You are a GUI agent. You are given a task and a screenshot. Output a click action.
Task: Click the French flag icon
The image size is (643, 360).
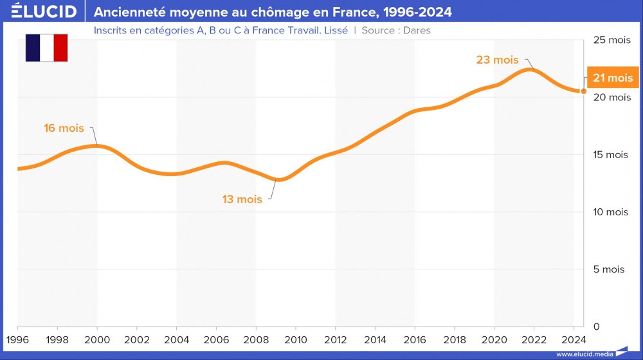pyautogui.click(x=46, y=48)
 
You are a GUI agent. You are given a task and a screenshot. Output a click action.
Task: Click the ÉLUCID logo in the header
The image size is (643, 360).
pyautogui.click(x=44, y=12)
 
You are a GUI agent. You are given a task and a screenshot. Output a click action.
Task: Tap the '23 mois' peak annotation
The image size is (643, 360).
pyautogui.click(x=497, y=60)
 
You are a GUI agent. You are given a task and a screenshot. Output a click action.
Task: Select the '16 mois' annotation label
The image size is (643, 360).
pyautogui.click(x=64, y=128)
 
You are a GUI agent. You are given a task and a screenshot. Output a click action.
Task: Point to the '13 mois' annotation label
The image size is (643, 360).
pyautogui.click(x=242, y=199)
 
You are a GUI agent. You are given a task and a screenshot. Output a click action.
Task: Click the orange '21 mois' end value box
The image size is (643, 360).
pyautogui.click(x=612, y=78)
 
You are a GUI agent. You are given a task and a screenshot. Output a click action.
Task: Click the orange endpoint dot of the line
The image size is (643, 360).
pyautogui.click(x=584, y=91)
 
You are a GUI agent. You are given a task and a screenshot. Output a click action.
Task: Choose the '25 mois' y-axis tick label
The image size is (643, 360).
pyautogui.click(x=611, y=40)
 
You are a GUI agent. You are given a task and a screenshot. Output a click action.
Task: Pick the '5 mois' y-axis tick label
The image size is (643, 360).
pyautogui.click(x=608, y=269)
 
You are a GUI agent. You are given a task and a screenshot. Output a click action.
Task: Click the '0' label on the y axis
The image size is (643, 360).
pyautogui.click(x=597, y=327)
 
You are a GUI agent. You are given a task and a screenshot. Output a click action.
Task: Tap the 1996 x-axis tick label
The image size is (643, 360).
pyautogui.click(x=17, y=339)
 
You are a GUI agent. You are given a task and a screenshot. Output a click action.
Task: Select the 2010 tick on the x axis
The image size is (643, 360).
pyautogui.click(x=295, y=339)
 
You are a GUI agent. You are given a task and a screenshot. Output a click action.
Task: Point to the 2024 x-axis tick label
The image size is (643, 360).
pyautogui.click(x=573, y=339)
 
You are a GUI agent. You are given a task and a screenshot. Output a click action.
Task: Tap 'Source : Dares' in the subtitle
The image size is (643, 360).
pyautogui.click(x=396, y=30)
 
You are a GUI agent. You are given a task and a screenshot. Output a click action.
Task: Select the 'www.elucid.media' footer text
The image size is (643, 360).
pyautogui.click(x=583, y=354)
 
